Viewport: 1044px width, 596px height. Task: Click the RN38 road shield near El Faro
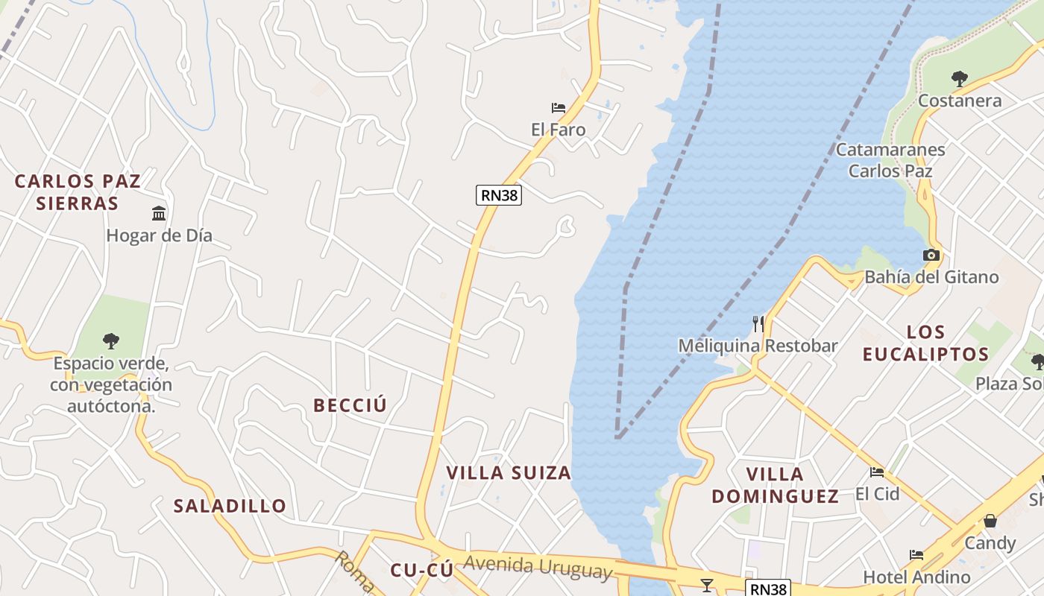coord(498,195)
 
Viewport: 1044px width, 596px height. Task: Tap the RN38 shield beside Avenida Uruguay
coord(767,589)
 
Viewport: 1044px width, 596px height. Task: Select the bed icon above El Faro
coord(558,108)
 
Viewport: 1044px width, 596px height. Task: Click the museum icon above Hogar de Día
coord(159,214)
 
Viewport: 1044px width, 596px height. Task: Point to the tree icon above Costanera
coord(960,78)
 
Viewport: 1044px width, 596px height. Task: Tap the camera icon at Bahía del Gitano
coord(931,256)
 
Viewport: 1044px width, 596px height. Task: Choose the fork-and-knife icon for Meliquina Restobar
coord(758,323)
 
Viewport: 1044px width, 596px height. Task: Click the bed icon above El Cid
coord(877,472)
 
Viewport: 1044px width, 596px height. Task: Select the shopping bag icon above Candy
coord(990,521)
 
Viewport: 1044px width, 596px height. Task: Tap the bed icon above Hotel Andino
coord(916,555)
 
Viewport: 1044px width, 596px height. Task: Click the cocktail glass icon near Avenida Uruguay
coord(706,585)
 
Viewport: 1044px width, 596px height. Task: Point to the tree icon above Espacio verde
coord(111,341)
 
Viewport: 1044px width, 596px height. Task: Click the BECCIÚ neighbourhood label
coord(350,405)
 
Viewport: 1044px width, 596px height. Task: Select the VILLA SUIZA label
coord(509,472)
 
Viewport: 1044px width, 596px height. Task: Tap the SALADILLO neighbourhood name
coord(230,506)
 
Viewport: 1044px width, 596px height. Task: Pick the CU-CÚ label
coord(421,571)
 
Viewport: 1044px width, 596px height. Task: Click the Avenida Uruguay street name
coord(538,568)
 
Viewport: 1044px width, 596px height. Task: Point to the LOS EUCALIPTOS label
coord(925,343)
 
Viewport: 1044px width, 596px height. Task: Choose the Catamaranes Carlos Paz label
coord(890,160)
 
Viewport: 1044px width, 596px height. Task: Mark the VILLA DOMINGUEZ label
coord(775,484)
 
